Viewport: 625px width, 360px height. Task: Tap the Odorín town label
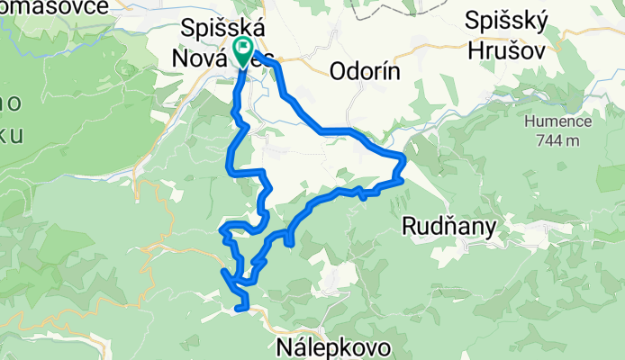368,71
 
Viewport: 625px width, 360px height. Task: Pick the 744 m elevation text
559,139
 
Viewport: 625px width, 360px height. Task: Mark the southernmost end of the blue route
239,308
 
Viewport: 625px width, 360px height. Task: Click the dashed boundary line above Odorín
378,18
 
